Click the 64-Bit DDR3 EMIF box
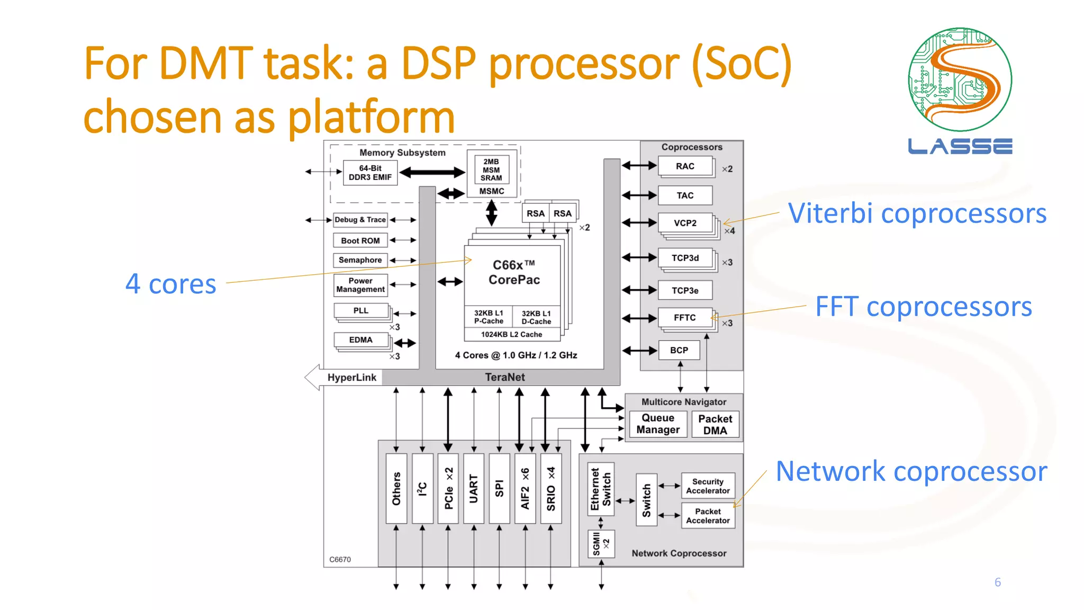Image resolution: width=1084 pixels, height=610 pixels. pyautogui.click(x=370, y=173)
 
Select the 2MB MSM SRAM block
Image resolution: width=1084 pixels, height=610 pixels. pyautogui.click(x=491, y=169)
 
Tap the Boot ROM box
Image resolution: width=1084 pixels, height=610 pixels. pyautogui.click(x=360, y=240)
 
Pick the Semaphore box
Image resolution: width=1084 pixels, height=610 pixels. pyautogui.click(x=360, y=260)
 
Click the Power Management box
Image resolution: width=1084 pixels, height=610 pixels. pyautogui.click(x=360, y=285)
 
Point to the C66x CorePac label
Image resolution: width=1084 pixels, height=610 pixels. pyautogui.click(x=513, y=272)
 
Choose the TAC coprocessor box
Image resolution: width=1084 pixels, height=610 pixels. pyautogui.click(x=684, y=195)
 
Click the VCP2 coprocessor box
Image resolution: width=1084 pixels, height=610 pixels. pyautogui.click(x=684, y=223)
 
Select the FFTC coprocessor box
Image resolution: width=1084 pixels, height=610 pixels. pyautogui.click(x=684, y=318)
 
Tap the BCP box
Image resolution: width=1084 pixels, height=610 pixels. pyautogui.click(x=679, y=350)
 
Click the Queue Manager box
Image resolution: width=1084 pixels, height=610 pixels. pyautogui.click(x=658, y=424)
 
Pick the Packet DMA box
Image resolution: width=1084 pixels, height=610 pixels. pyautogui.click(x=715, y=425)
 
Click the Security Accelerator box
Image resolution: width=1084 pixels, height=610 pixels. pyautogui.click(x=708, y=486)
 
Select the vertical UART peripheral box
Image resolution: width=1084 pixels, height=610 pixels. pyautogui.click(x=473, y=488)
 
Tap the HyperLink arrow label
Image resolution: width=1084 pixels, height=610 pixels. pyautogui.click(x=351, y=378)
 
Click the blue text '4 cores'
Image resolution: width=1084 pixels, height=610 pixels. pyautogui.click(x=170, y=284)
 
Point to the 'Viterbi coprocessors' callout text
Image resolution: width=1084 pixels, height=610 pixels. pyautogui.click(x=917, y=213)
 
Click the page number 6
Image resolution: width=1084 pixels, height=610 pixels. pyautogui.click(x=997, y=582)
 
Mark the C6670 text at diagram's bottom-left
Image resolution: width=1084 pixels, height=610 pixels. pyautogui.click(x=340, y=559)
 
